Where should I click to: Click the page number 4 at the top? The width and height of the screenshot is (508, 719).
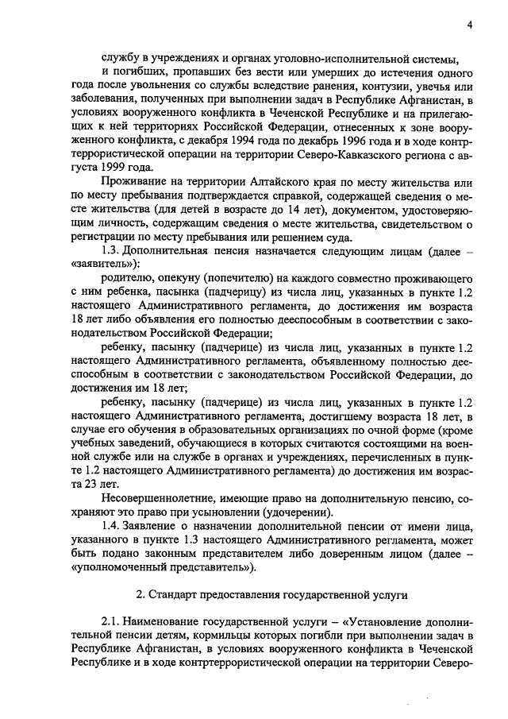470,25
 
